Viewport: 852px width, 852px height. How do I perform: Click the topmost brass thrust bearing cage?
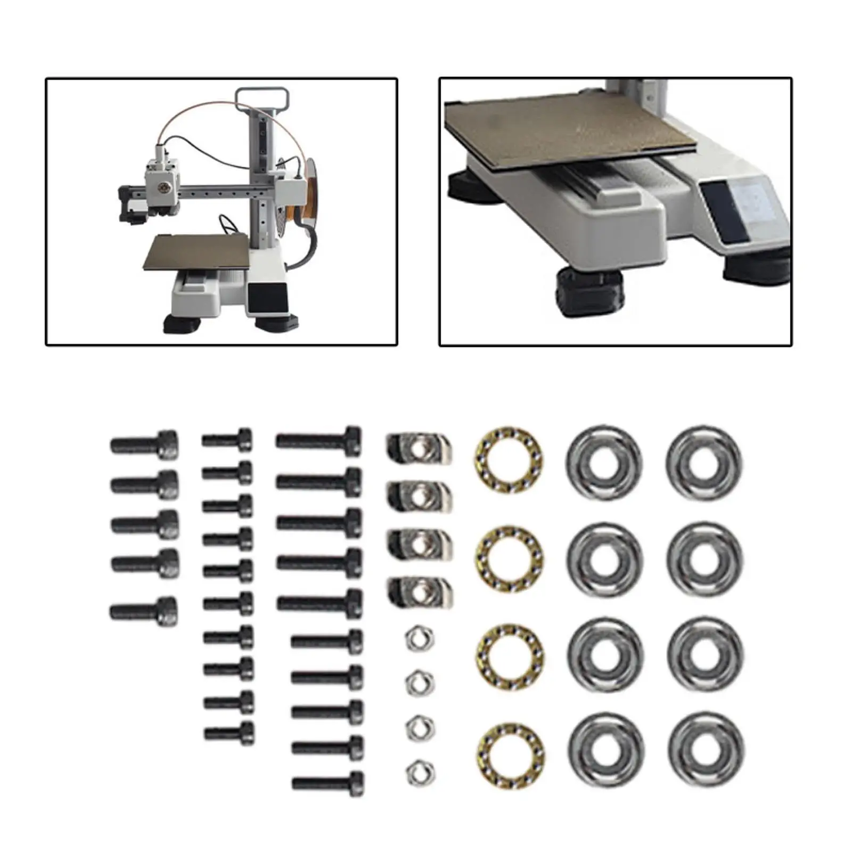509,460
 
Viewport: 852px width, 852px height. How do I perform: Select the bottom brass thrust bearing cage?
510,756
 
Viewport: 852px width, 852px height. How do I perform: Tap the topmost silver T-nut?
419,448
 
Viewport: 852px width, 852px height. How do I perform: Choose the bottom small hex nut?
420,773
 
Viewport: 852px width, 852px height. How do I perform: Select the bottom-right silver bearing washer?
706,750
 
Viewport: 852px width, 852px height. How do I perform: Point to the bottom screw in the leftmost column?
144,611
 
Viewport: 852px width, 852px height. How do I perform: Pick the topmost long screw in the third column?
319,441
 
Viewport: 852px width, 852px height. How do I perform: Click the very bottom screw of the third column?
328,784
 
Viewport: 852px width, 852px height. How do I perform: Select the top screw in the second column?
227,440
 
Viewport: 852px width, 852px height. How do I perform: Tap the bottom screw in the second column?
230,733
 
